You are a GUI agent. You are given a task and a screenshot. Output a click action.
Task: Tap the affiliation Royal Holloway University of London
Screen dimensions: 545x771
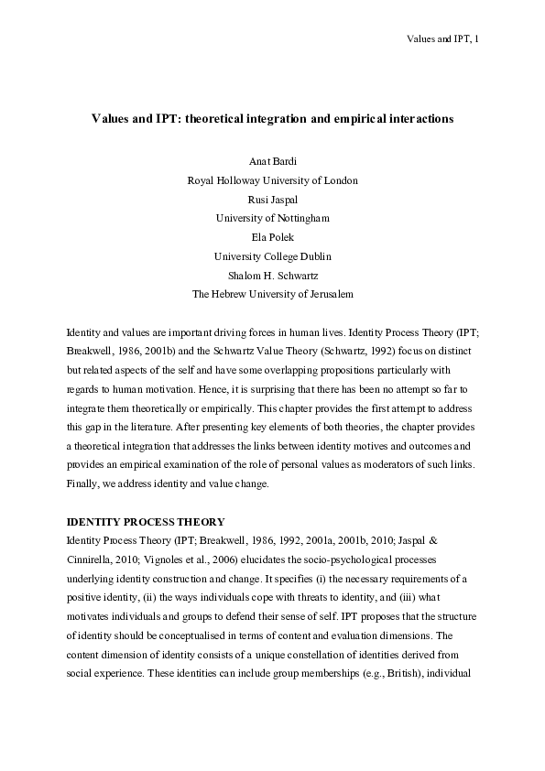[272, 180]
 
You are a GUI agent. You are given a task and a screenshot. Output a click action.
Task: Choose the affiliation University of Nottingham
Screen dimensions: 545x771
[272, 218]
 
